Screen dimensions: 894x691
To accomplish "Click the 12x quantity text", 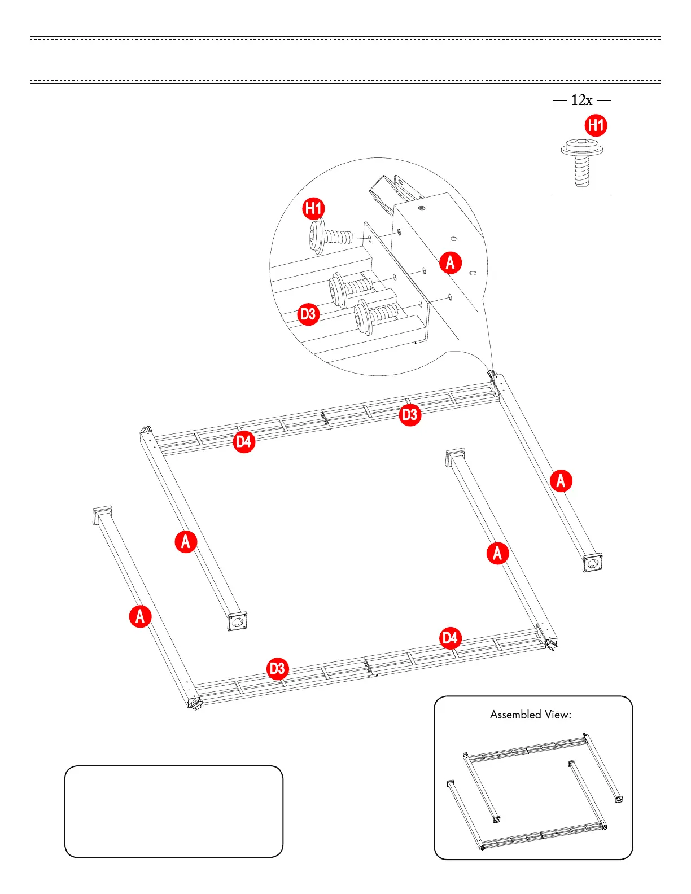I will point(581,100).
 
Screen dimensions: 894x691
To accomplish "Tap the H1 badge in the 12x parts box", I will point(596,125).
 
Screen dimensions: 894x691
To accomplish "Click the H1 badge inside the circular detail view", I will point(313,209).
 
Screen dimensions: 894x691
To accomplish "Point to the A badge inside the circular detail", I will point(450,262).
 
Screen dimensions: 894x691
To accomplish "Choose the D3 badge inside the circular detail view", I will point(308,314).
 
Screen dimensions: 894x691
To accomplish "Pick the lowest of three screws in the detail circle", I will point(375,315).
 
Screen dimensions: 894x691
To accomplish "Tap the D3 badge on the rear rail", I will point(410,415).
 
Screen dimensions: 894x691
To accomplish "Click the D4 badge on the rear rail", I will point(244,441).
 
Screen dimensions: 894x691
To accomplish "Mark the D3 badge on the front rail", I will point(277,669).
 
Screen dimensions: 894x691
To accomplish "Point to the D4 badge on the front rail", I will point(450,638).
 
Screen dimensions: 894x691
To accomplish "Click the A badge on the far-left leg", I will point(140,616).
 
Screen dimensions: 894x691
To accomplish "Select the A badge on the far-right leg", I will point(561,481).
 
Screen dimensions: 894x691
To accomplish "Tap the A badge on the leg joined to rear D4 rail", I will point(186,542).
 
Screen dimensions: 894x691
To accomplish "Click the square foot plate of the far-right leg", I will point(592,563).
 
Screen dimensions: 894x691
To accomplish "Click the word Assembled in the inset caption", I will point(515,715).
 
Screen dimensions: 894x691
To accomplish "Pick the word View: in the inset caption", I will point(558,715).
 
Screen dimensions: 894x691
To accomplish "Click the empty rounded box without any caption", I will point(173,812).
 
